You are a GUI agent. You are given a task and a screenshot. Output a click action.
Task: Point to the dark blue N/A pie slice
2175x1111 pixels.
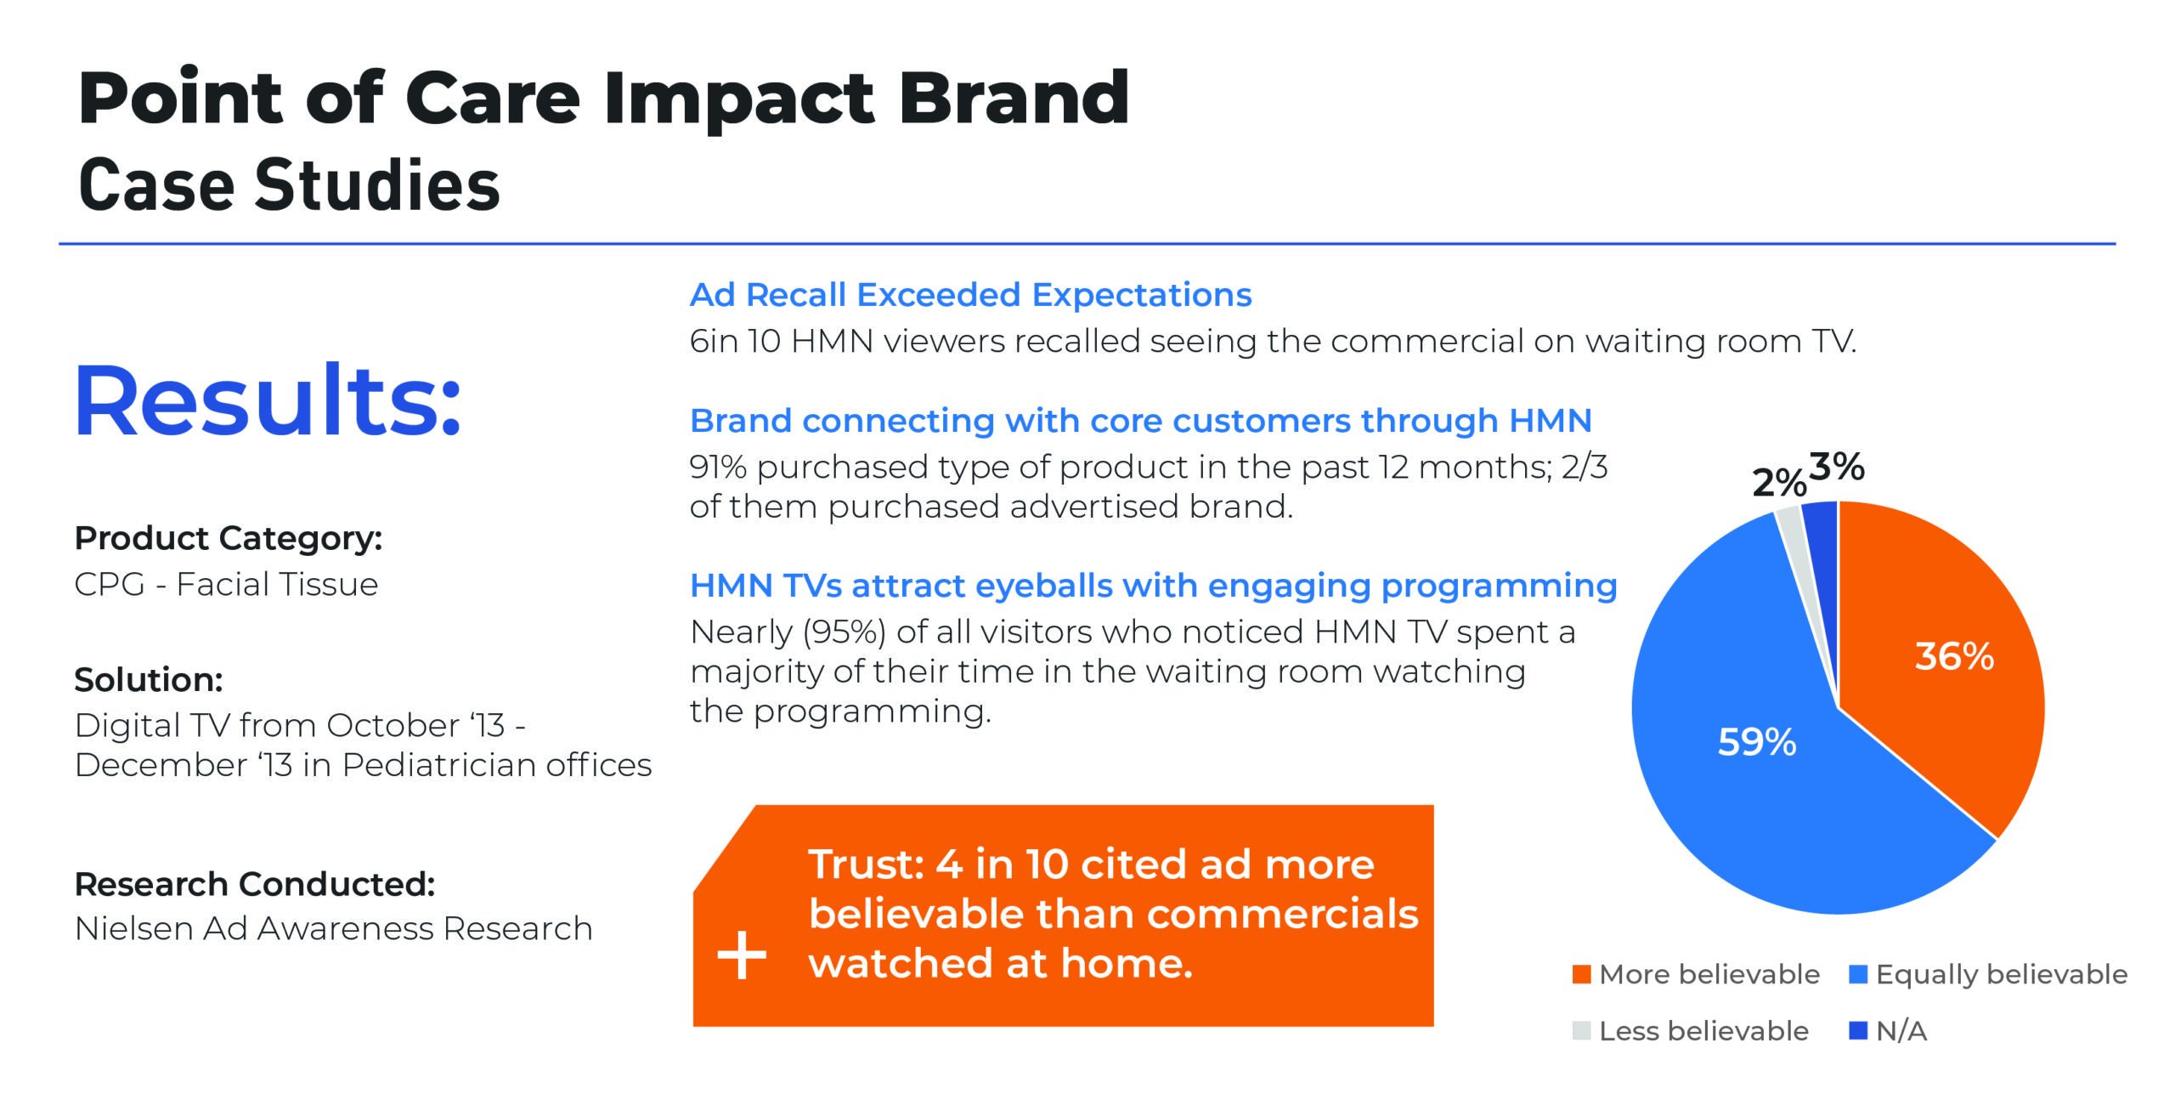coord(1823,544)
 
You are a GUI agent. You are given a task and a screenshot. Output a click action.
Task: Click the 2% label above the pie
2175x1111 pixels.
coord(1779,483)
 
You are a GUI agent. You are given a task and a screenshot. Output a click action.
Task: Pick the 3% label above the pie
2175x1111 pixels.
coord(1837,467)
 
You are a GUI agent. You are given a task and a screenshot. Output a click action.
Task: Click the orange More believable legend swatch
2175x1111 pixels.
coord(1581,974)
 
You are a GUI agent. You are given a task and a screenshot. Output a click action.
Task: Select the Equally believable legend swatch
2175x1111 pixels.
coord(1858,974)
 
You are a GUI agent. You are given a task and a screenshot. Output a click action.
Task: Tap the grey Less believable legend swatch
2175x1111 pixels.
coord(1581,1030)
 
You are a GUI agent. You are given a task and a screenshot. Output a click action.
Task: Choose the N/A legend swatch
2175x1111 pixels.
coord(1858,1030)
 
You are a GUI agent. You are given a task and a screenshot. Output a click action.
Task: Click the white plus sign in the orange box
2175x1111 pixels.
coord(742,955)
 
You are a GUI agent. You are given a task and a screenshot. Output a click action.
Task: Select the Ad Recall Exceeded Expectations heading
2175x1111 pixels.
coord(970,295)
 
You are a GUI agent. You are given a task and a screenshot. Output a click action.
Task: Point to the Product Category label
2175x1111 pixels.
coord(229,538)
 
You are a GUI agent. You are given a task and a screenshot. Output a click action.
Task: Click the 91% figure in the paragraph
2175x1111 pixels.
coord(718,467)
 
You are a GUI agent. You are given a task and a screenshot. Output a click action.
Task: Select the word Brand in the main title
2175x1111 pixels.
coord(1014,98)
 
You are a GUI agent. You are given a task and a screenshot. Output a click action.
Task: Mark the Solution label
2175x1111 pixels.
coord(149,680)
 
